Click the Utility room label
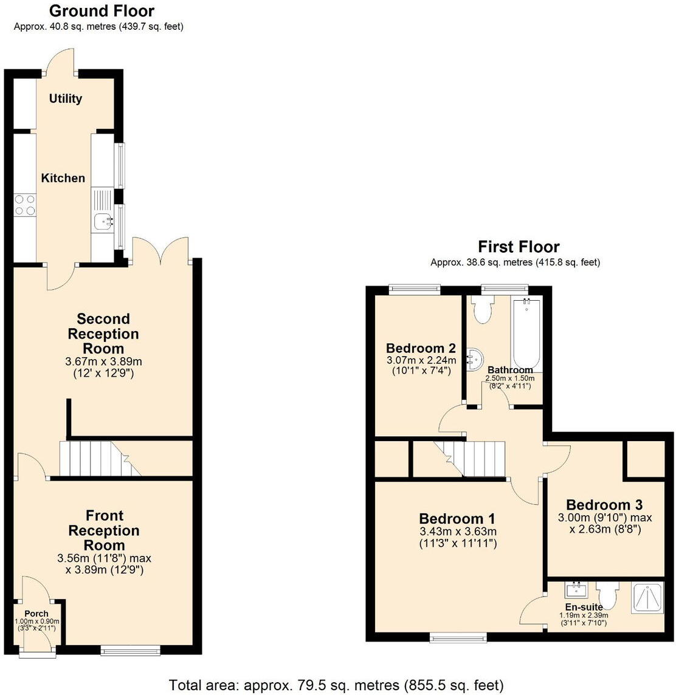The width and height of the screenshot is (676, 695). (x=66, y=98)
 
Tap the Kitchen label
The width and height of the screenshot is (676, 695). (x=63, y=178)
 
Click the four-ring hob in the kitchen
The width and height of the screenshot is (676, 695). (x=24, y=204)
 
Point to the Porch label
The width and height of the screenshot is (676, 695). (x=36, y=614)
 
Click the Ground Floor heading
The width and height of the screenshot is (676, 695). (x=102, y=11)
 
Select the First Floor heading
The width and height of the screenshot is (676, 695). (x=519, y=247)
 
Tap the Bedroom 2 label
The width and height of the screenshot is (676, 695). (x=421, y=348)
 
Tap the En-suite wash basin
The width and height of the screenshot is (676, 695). (x=575, y=590)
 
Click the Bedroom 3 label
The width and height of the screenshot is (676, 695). (x=604, y=505)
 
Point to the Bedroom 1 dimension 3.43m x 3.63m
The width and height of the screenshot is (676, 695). (x=458, y=532)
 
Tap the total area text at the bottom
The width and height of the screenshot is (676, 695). (x=336, y=685)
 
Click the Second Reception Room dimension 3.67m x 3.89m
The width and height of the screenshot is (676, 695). (x=103, y=361)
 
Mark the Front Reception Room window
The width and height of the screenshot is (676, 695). (x=131, y=651)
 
